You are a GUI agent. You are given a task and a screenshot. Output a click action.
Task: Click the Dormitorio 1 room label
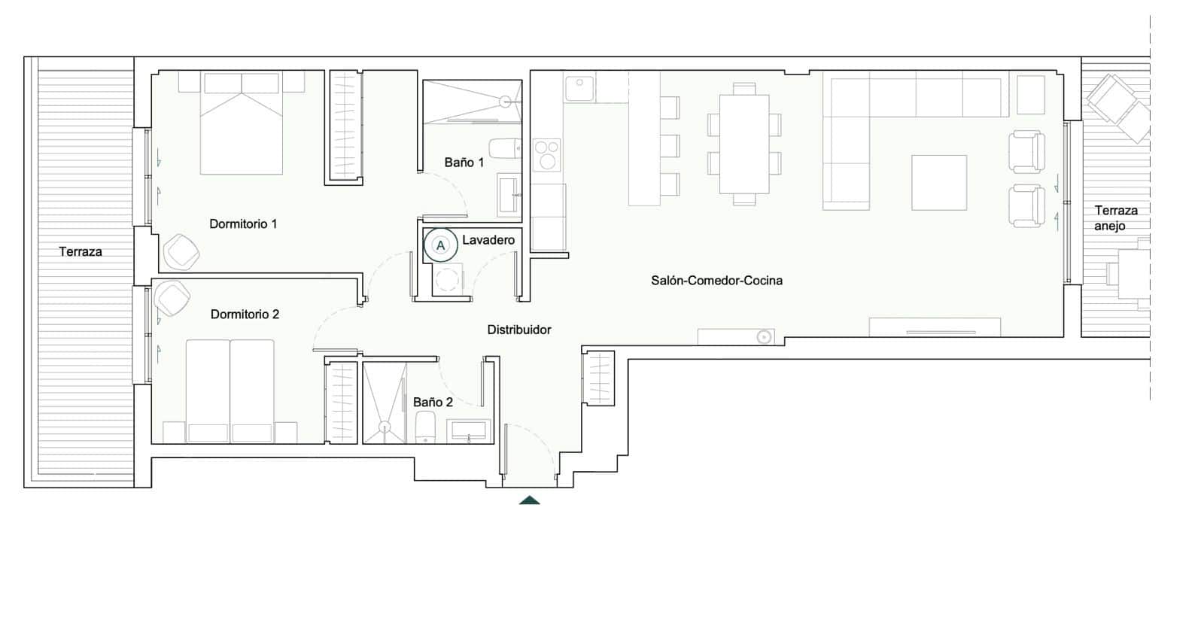(243, 223)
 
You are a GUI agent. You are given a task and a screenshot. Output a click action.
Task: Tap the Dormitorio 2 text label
(245, 314)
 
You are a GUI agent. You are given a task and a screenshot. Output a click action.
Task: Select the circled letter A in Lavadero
(441, 245)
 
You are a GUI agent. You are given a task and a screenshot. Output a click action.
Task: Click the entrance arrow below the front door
(529, 500)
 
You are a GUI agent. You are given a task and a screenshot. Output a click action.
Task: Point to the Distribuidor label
(518, 330)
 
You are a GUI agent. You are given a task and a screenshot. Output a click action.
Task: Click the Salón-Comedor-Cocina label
(716, 280)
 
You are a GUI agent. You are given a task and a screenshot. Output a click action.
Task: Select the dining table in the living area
(743, 143)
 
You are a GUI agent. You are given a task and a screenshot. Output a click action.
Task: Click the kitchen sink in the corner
(579, 89)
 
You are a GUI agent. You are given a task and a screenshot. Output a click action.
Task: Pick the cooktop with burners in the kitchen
(547, 154)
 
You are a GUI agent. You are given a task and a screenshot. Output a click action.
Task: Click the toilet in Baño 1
(505, 147)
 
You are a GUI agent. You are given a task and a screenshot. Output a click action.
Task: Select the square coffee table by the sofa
(938, 182)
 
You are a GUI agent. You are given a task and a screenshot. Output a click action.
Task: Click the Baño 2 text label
(433, 402)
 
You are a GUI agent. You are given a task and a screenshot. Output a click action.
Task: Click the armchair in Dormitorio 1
(181, 251)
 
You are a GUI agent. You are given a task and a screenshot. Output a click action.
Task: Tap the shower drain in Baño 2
(388, 427)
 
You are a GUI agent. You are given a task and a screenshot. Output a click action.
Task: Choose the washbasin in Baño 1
(508, 193)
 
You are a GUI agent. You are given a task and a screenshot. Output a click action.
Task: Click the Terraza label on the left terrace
(81, 251)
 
